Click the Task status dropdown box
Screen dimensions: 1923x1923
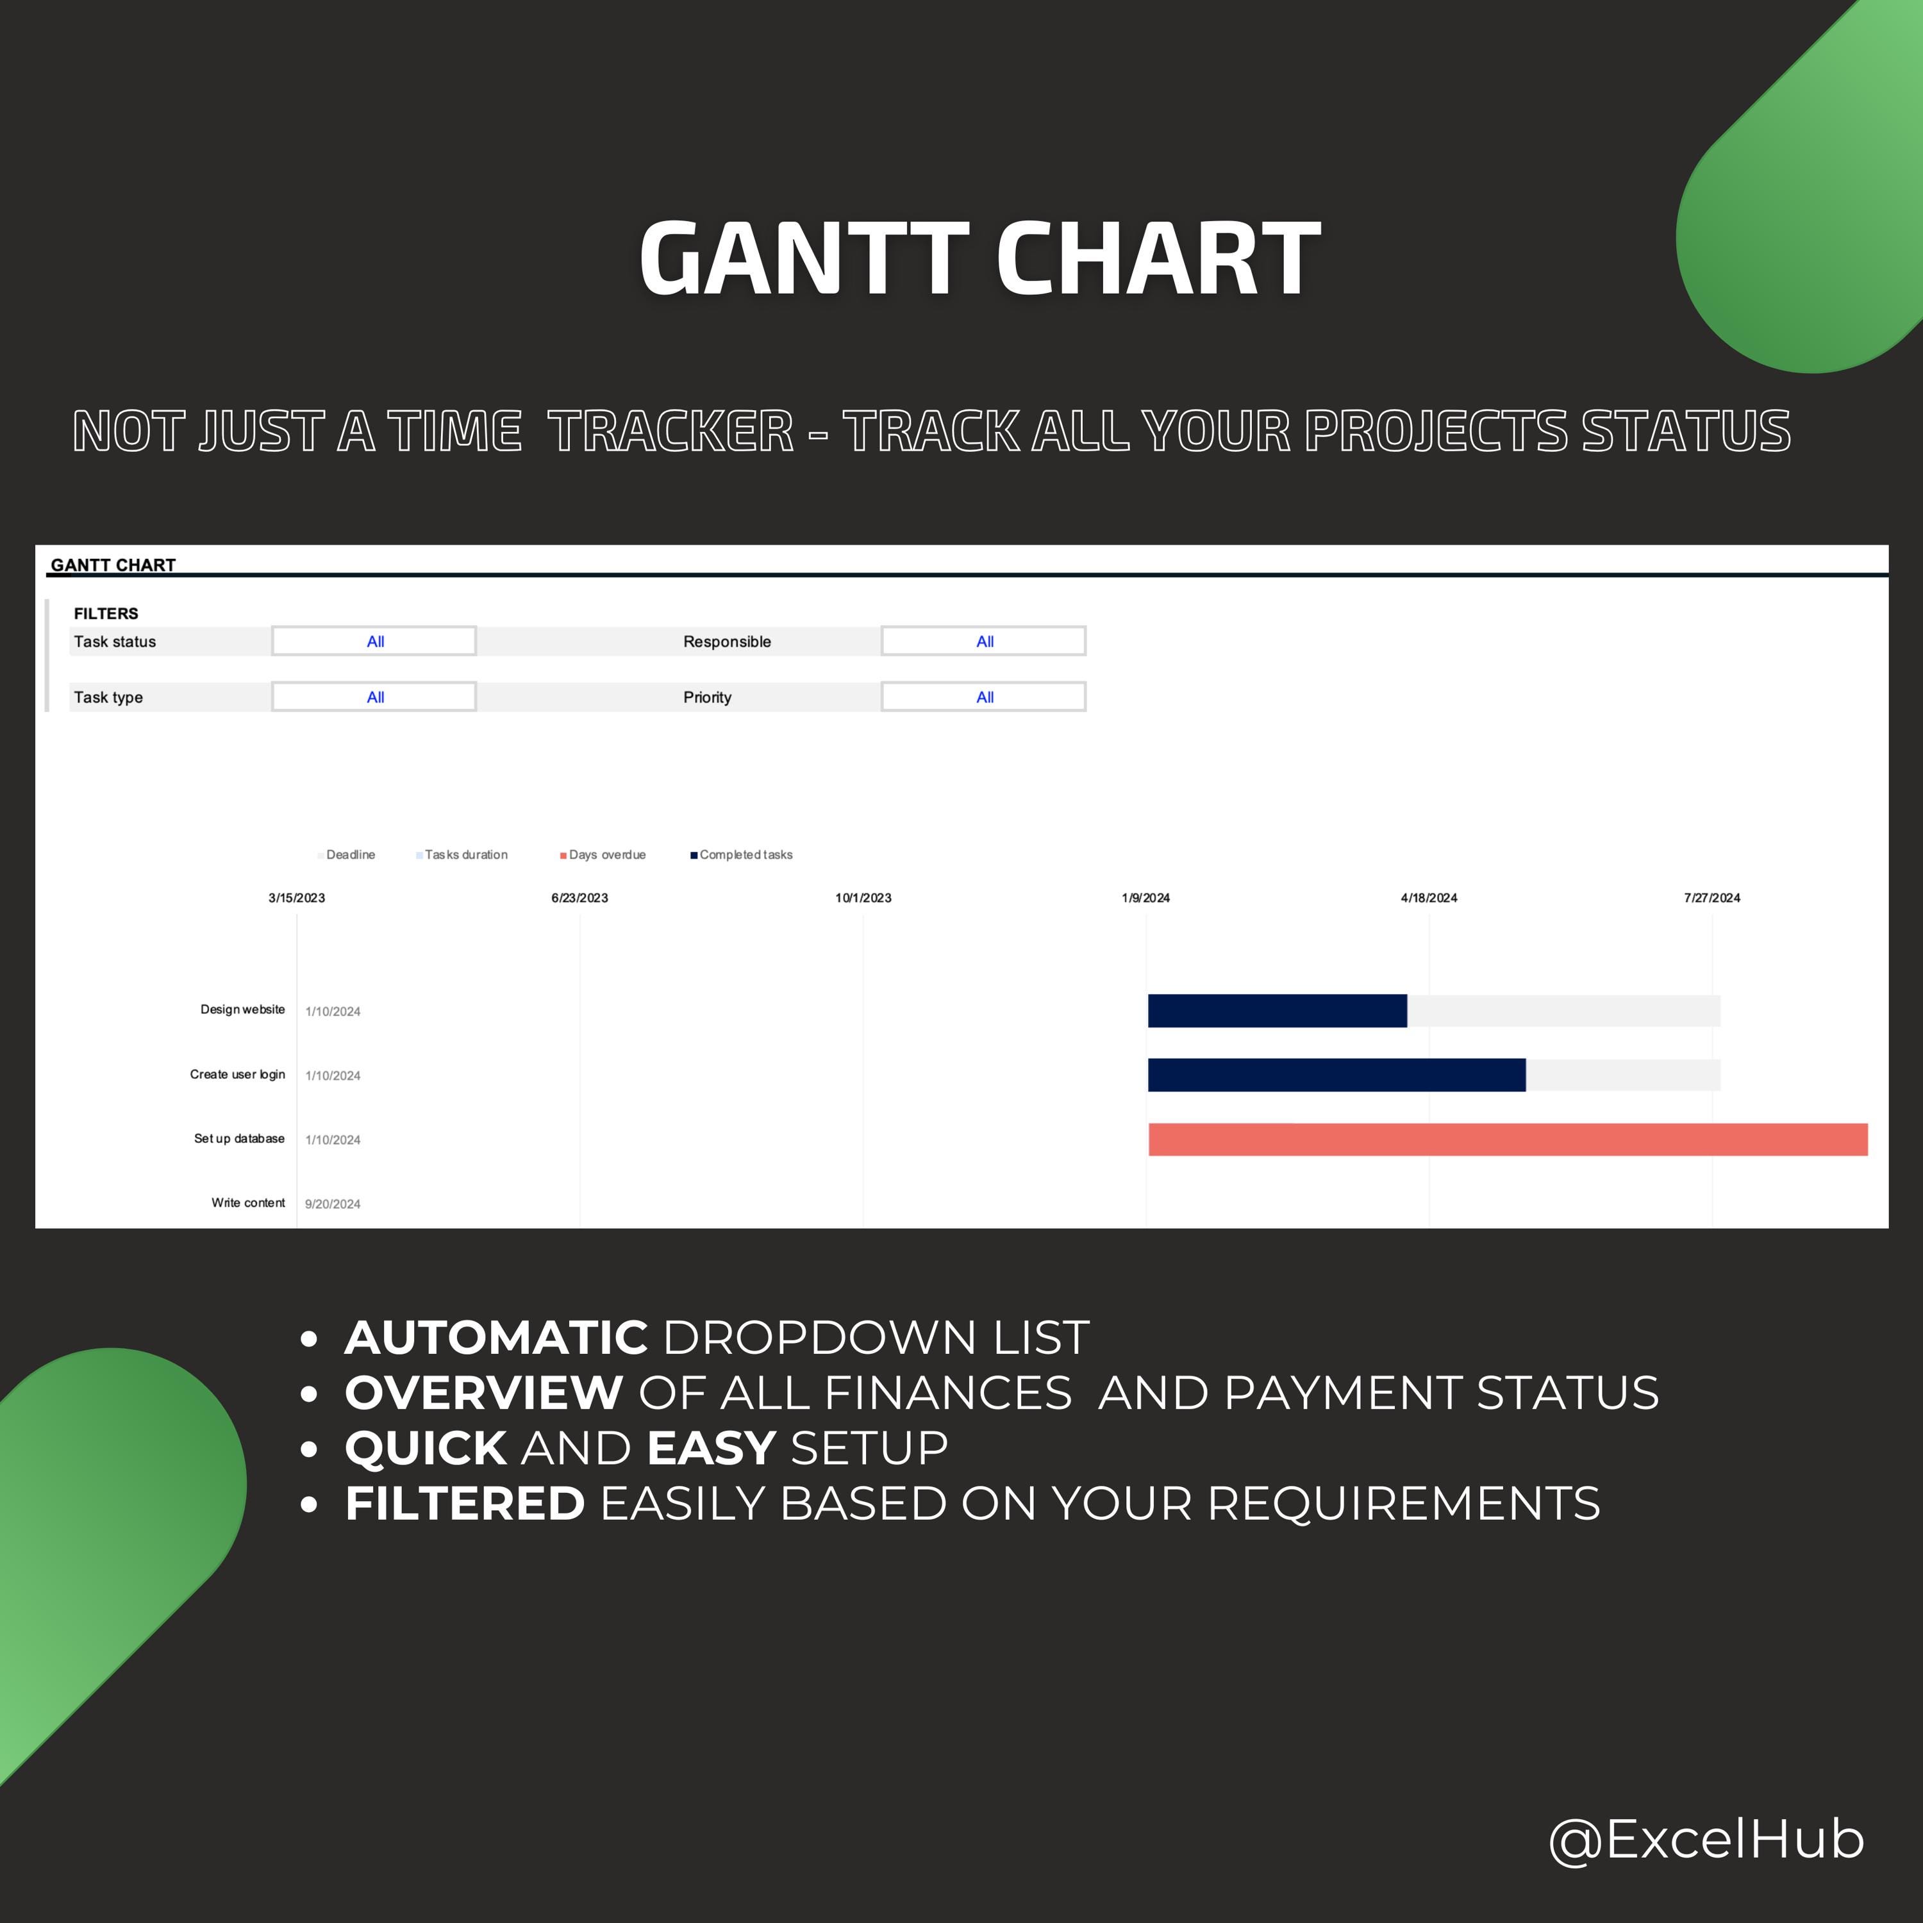[x=374, y=641]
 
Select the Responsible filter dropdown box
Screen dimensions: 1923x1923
[x=983, y=641]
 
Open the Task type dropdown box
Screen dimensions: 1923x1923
[x=374, y=697]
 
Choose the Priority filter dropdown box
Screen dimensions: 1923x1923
[x=983, y=697]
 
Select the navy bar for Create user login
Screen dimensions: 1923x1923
[x=1336, y=1075]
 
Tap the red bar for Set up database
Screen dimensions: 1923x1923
[x=1508, y=1140]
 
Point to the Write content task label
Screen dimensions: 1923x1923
[x=248, y=1203]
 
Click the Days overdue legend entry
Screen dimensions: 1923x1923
[x=603, y=855]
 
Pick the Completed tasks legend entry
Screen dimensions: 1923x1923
[x=742, y=855]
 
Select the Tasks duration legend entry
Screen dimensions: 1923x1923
[x=462, y=855]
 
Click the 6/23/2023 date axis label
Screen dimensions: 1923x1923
[x=579, y=898]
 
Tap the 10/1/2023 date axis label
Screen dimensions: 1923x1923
[x=863, y=898]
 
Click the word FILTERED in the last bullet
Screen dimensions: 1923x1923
[x=465, y=1503]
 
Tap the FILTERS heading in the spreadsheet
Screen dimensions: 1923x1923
[x=106, y=613]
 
